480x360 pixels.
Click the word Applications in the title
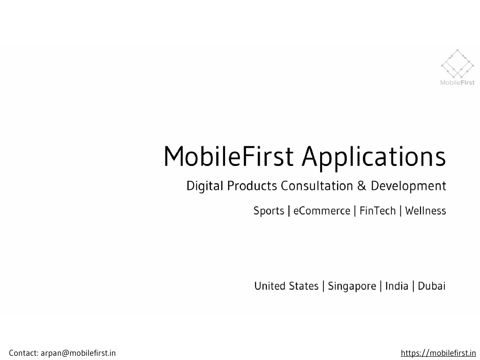click(374, 157)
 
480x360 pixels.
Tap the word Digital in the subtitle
click(204, 187)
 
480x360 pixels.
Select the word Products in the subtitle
click(252, 186)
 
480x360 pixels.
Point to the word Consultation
click(316, 186)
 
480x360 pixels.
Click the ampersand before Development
click(361, 186)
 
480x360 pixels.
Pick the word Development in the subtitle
click(408, 187)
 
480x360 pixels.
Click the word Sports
click(269, 211)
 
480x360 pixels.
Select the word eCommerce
click(322, 211)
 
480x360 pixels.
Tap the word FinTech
click(377, 211)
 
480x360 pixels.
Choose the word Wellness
click(425, 211)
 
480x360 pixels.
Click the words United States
click(286, 286)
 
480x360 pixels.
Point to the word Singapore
click(352, 286)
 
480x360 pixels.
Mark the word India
click(397, 286)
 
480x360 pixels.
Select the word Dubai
click(431, 286)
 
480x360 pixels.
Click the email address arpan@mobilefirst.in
click(78, 353)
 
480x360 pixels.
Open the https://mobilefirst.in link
click(438, 353)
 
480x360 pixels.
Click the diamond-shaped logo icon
click(457, 64)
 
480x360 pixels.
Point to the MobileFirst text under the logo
click(457, 82)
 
